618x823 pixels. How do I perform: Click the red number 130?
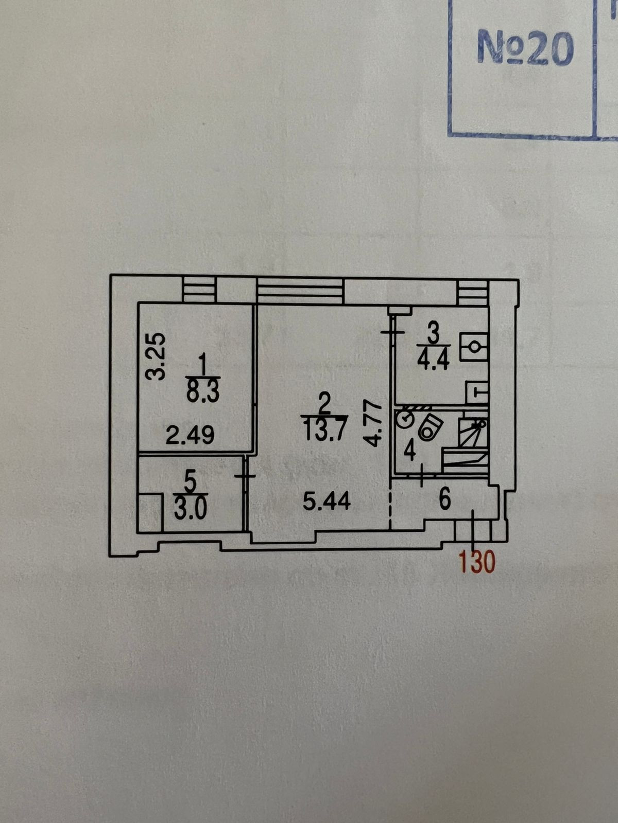coord(478,562)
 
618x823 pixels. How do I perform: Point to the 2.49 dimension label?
coord(190,436)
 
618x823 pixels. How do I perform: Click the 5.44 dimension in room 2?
coord(327,500)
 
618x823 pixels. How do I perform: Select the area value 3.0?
coord(190,510)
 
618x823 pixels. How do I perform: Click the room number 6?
coord(445,498)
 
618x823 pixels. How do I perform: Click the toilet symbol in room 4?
coord(431,427)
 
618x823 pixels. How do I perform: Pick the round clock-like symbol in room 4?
coord(406,419)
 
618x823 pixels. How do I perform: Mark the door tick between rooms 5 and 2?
coord(245,476)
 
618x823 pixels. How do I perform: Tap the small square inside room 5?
coord(150,513)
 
